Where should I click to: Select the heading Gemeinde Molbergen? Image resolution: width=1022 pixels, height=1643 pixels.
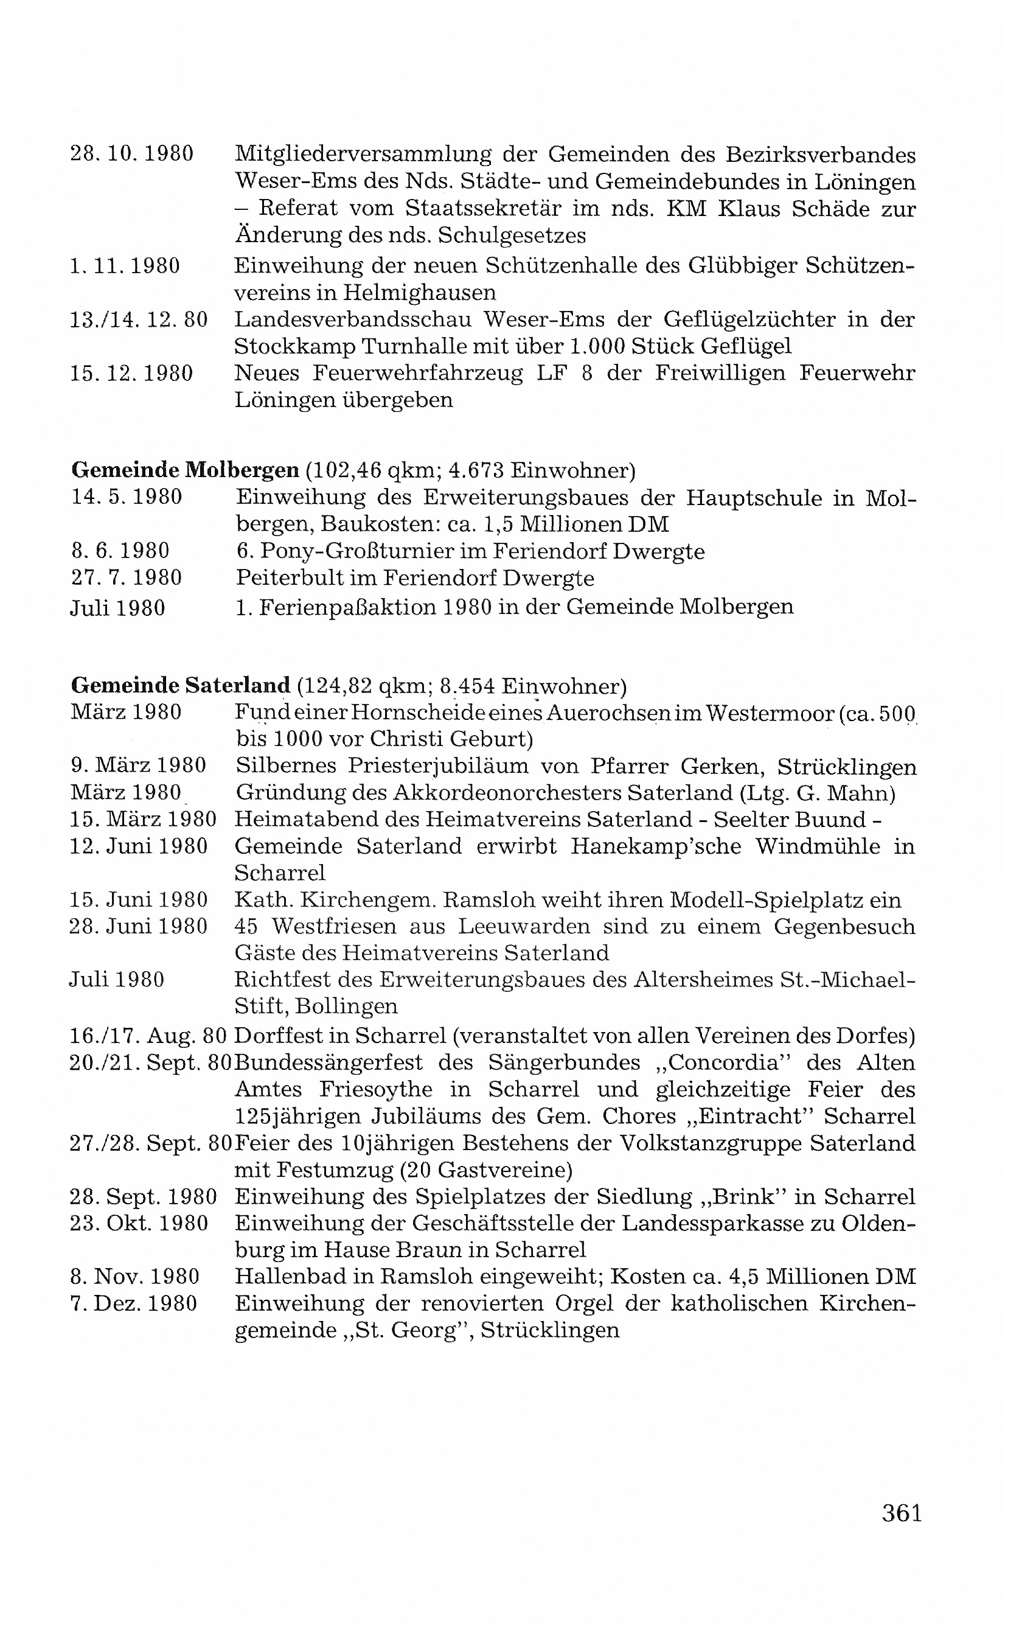[x=184, y=469]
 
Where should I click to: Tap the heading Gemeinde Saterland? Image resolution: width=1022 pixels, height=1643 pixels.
[x=180, y=686]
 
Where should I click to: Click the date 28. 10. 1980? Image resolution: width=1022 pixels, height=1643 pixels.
[x=132, y=154]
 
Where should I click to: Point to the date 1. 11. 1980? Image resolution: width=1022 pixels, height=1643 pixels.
[x=125, y=266]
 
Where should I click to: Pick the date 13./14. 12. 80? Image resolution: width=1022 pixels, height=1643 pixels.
[x=139, y=319]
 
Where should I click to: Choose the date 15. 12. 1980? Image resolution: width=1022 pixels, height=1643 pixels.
[x=132, y=373]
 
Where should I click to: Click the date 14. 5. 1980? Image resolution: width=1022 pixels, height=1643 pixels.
[x=127, y=497]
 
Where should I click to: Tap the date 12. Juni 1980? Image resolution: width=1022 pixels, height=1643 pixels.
[x=139, y=846]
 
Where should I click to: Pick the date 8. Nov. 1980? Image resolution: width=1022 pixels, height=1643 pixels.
[x=134, y=1277]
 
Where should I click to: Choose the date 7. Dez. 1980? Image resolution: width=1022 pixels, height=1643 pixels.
[x=133, y=1303]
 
